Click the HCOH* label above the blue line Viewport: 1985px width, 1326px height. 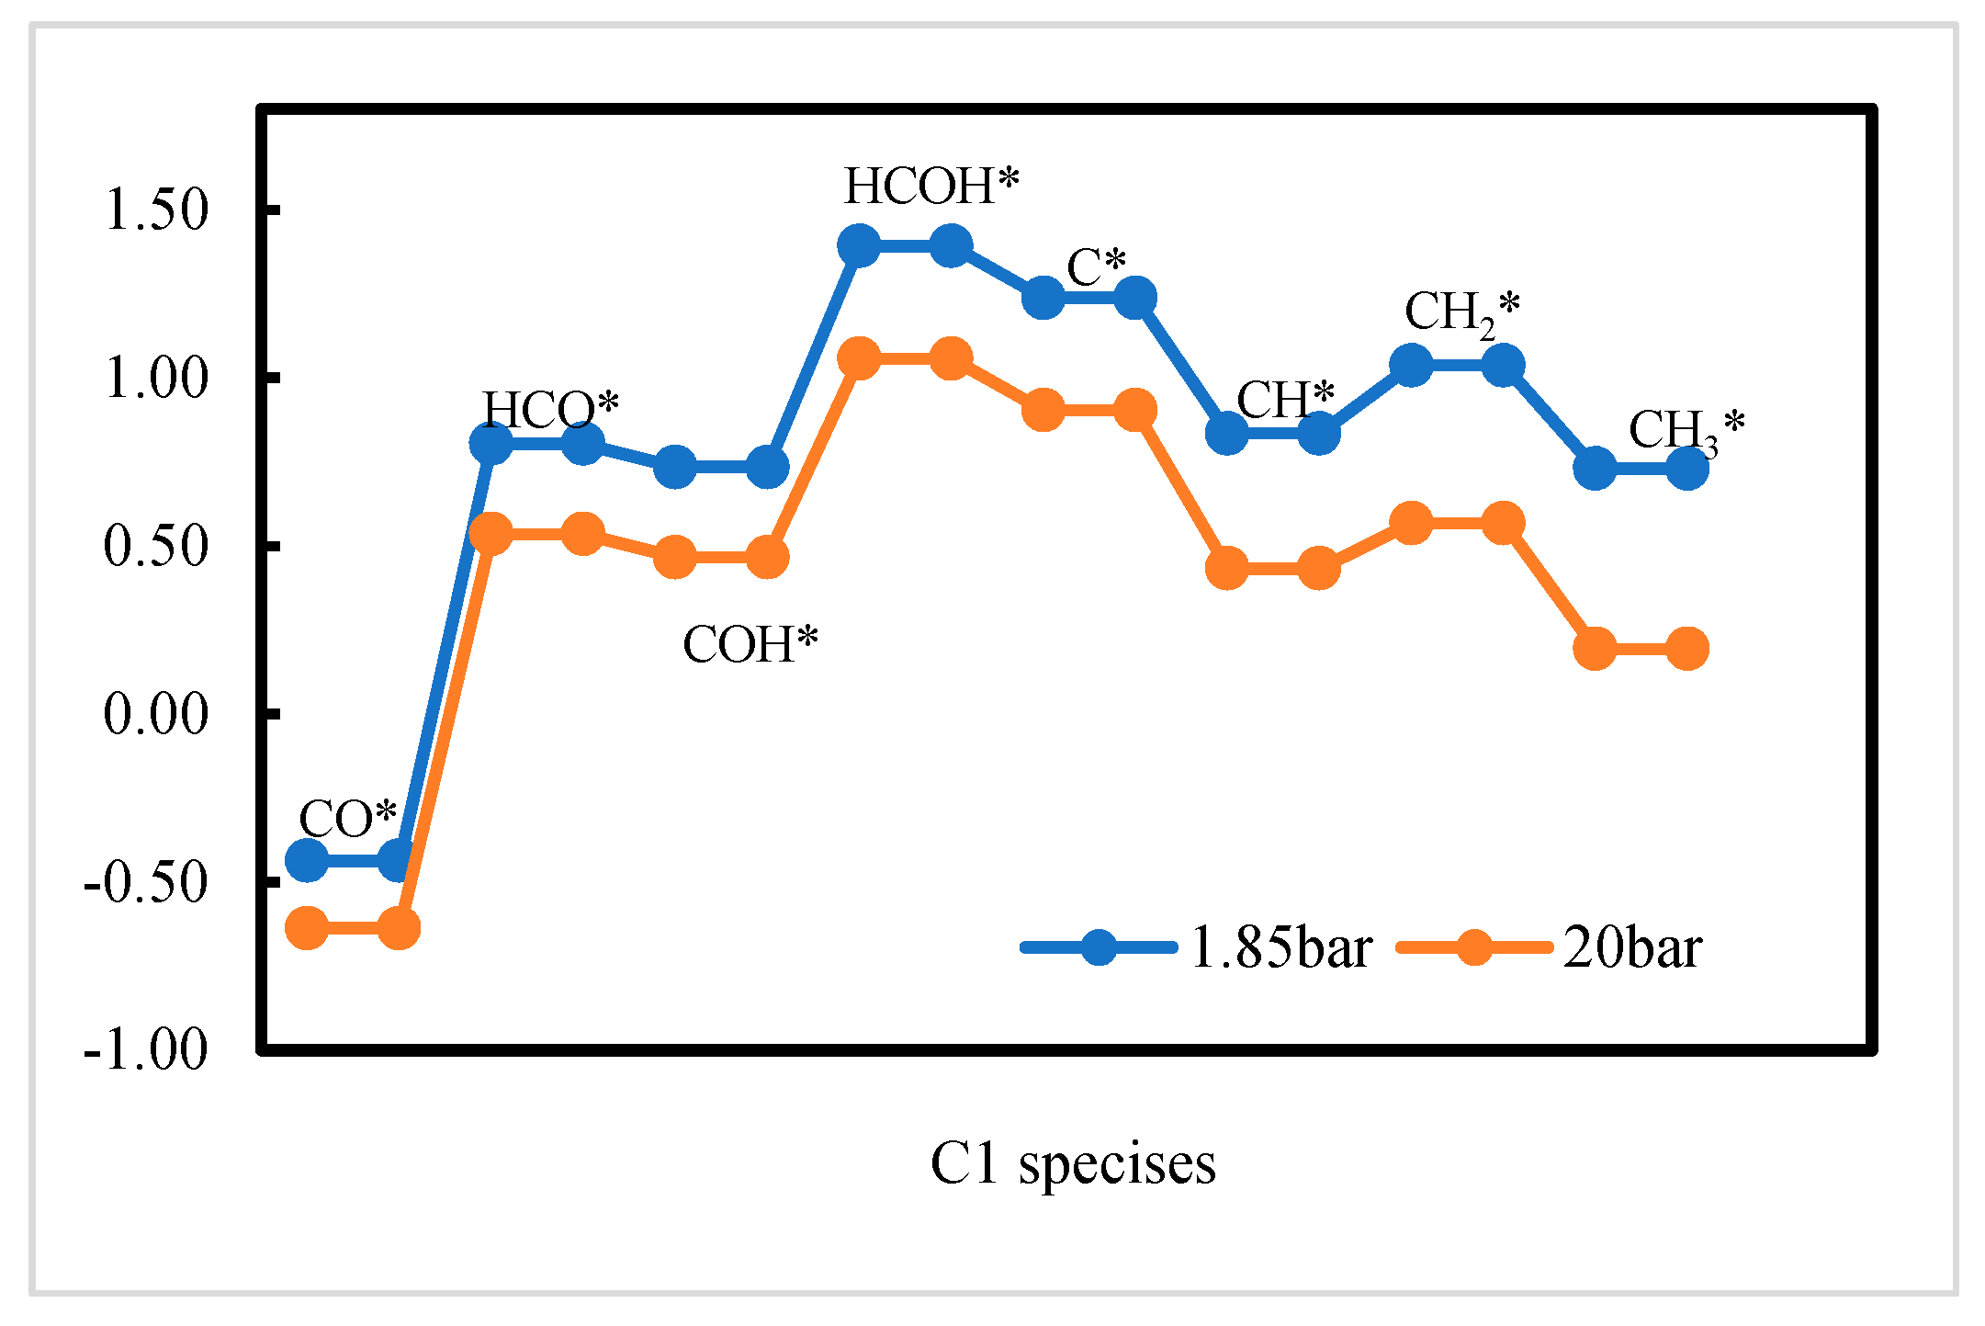931,187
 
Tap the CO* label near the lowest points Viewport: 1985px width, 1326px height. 347,818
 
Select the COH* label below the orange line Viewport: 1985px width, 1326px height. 750,644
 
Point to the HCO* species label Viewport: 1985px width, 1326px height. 551,409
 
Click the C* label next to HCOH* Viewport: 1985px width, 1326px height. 1096,267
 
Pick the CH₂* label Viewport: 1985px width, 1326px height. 1461,312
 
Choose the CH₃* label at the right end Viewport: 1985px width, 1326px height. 1686,430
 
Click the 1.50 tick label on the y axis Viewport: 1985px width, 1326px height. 156,210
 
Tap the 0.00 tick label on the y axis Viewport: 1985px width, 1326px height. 156,714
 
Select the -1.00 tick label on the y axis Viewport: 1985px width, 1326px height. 145,1048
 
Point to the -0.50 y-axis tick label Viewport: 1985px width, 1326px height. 145,882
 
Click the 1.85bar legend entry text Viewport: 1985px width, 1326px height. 1280,947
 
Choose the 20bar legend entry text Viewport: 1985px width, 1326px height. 1632,947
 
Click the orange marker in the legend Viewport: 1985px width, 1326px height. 1473,947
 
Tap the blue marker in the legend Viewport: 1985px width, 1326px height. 1099,947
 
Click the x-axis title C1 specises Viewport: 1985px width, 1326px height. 1073,1163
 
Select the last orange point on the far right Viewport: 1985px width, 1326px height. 1686,649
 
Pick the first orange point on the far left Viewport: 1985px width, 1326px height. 307,928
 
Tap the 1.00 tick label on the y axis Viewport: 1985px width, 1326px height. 156,378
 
